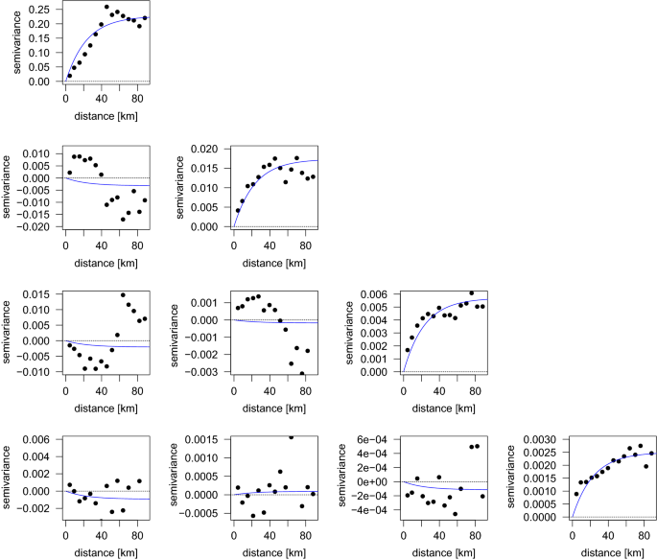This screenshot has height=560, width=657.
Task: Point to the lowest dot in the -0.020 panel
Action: point(123,220)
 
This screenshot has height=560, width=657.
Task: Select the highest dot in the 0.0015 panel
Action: point(290,436)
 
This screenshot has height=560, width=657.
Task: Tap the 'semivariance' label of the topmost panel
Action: point(9,44)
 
